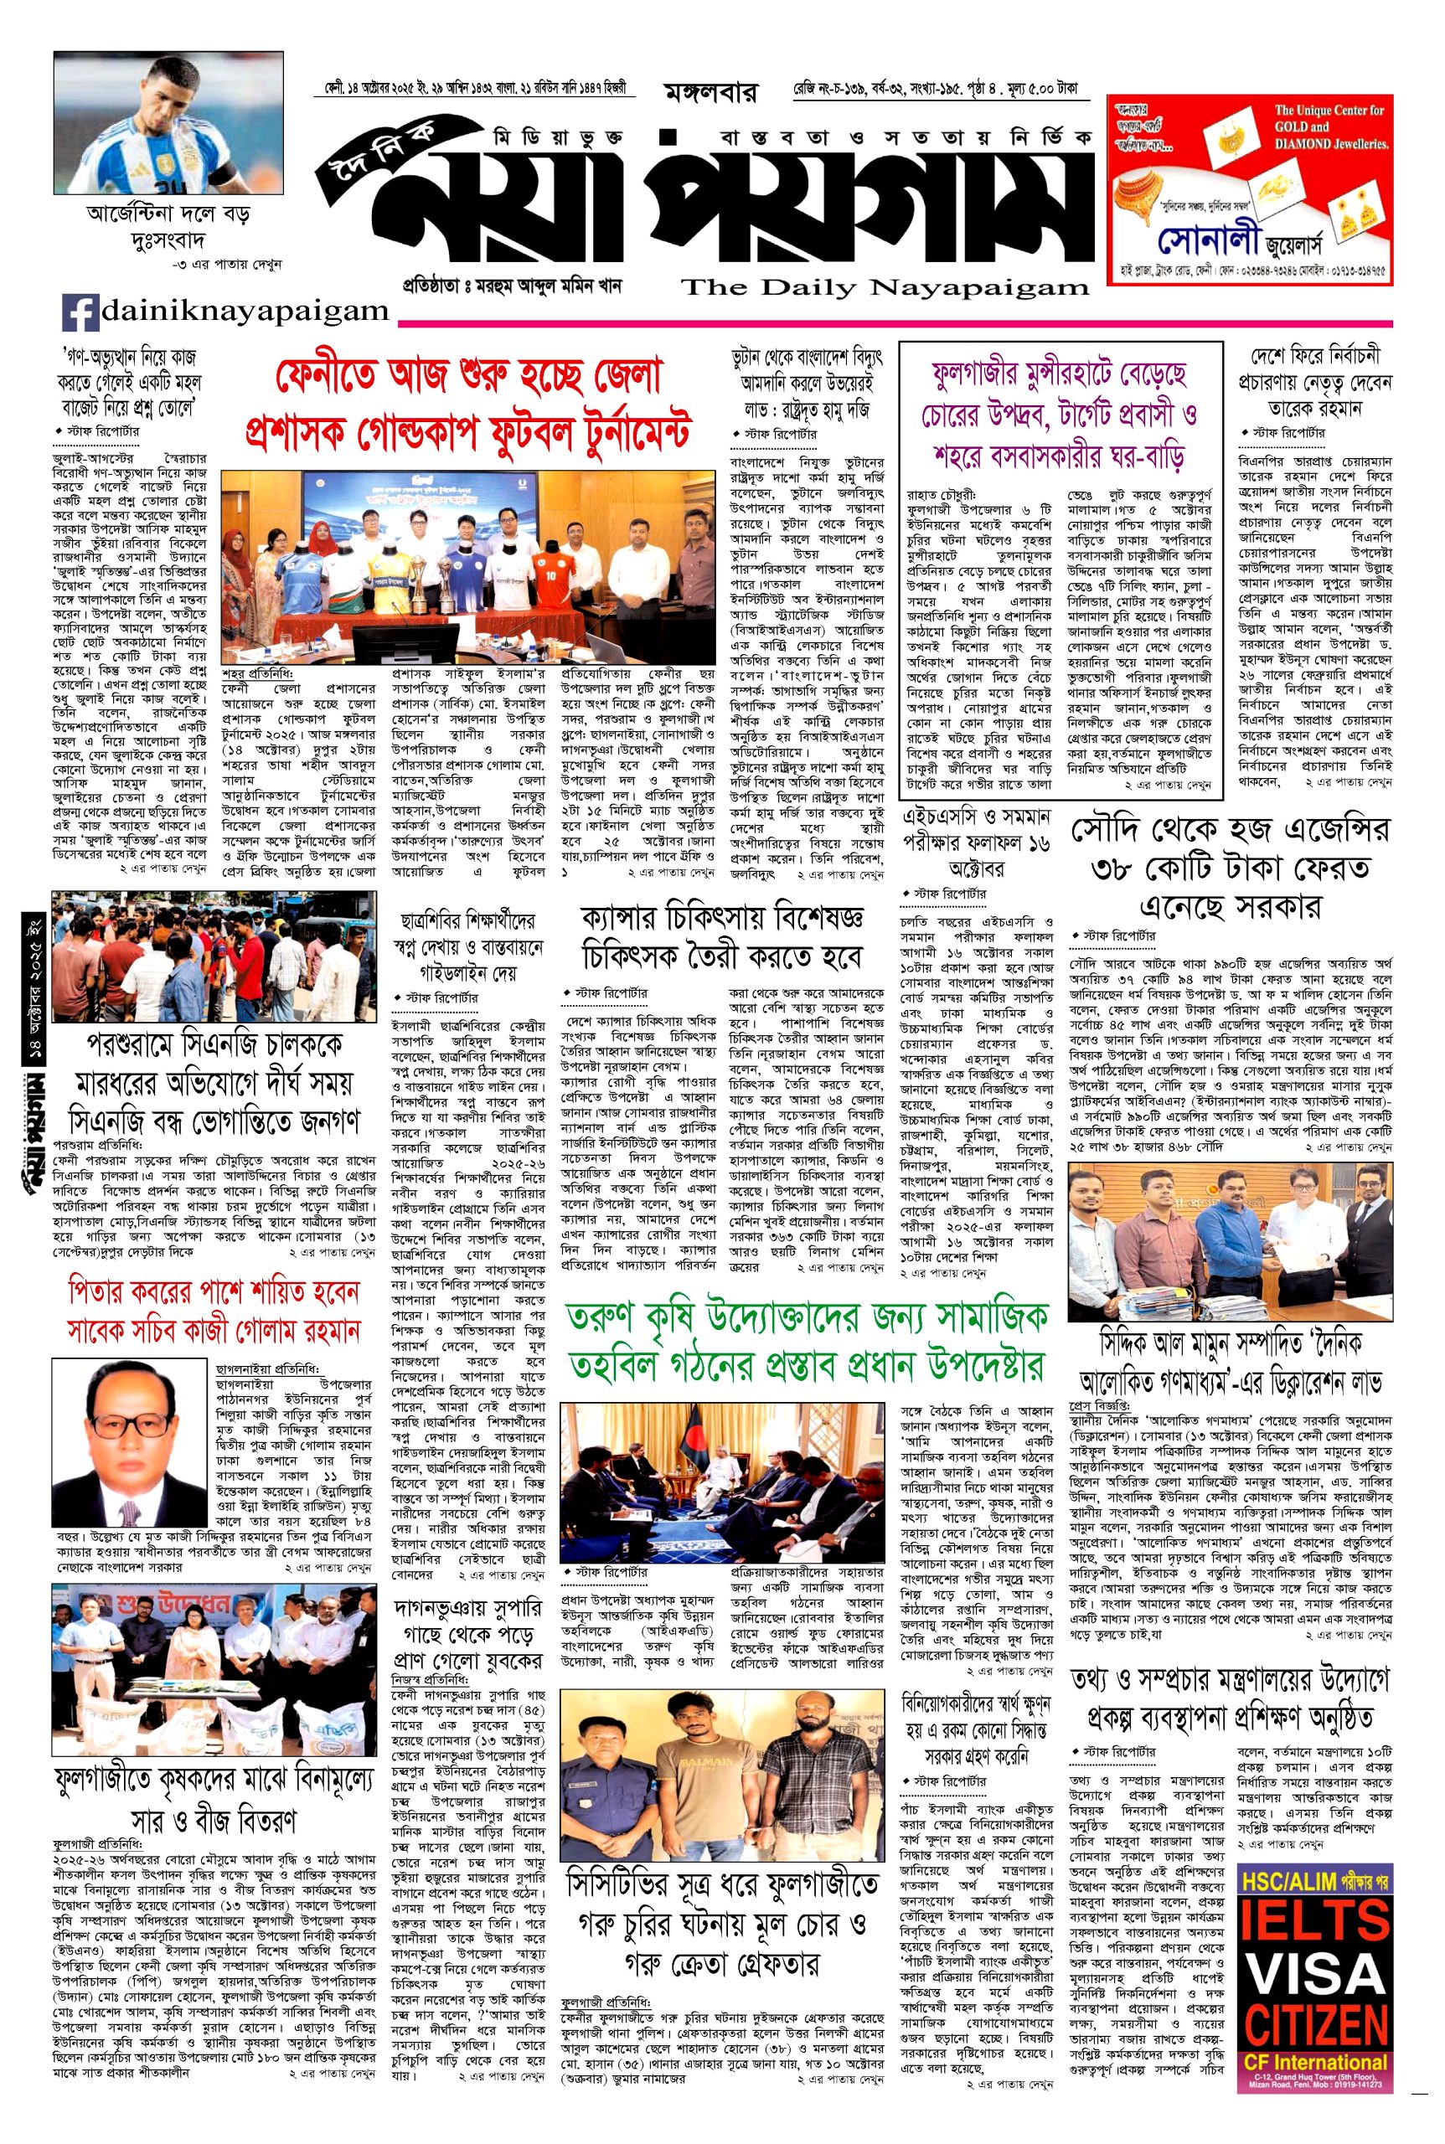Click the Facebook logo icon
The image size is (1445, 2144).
[81, 312]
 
